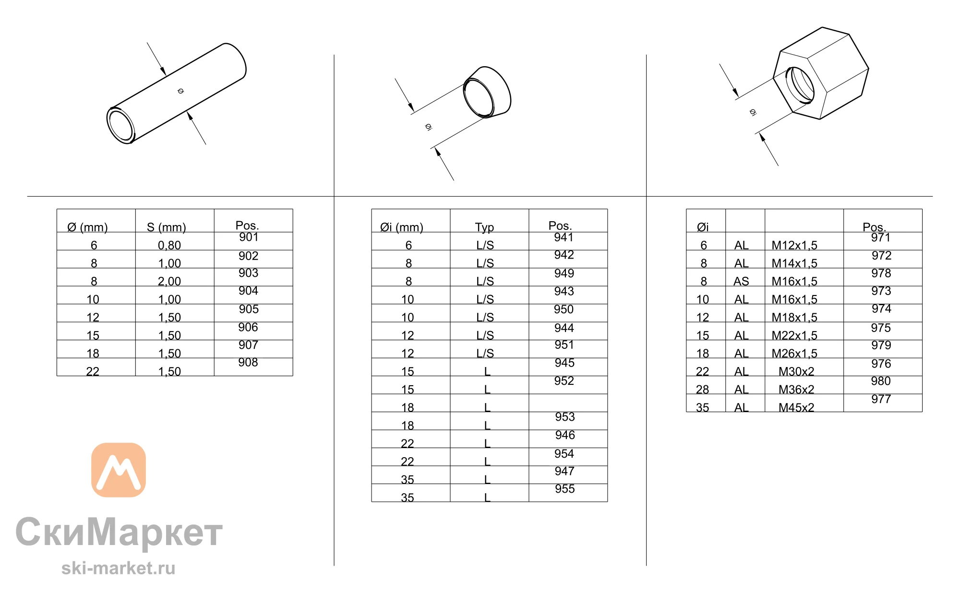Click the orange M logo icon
(119, 470)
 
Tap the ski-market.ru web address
(119, 568)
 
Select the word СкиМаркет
(119, 532)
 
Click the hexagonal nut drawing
(821, 73)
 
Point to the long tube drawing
(177, 94)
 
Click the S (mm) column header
(166, 227)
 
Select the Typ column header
(484, 227)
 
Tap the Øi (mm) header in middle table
(402, 227)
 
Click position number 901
(249, 237)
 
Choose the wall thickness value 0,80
(169, 245)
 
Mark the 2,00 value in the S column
(169, 281)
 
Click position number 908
(248, 362)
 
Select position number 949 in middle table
(564, 273)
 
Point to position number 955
(565, 488)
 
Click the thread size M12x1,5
(794, 245)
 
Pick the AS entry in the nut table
(741, 281)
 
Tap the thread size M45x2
(796, 407)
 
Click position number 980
(881, 381)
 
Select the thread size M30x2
(796, 371)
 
